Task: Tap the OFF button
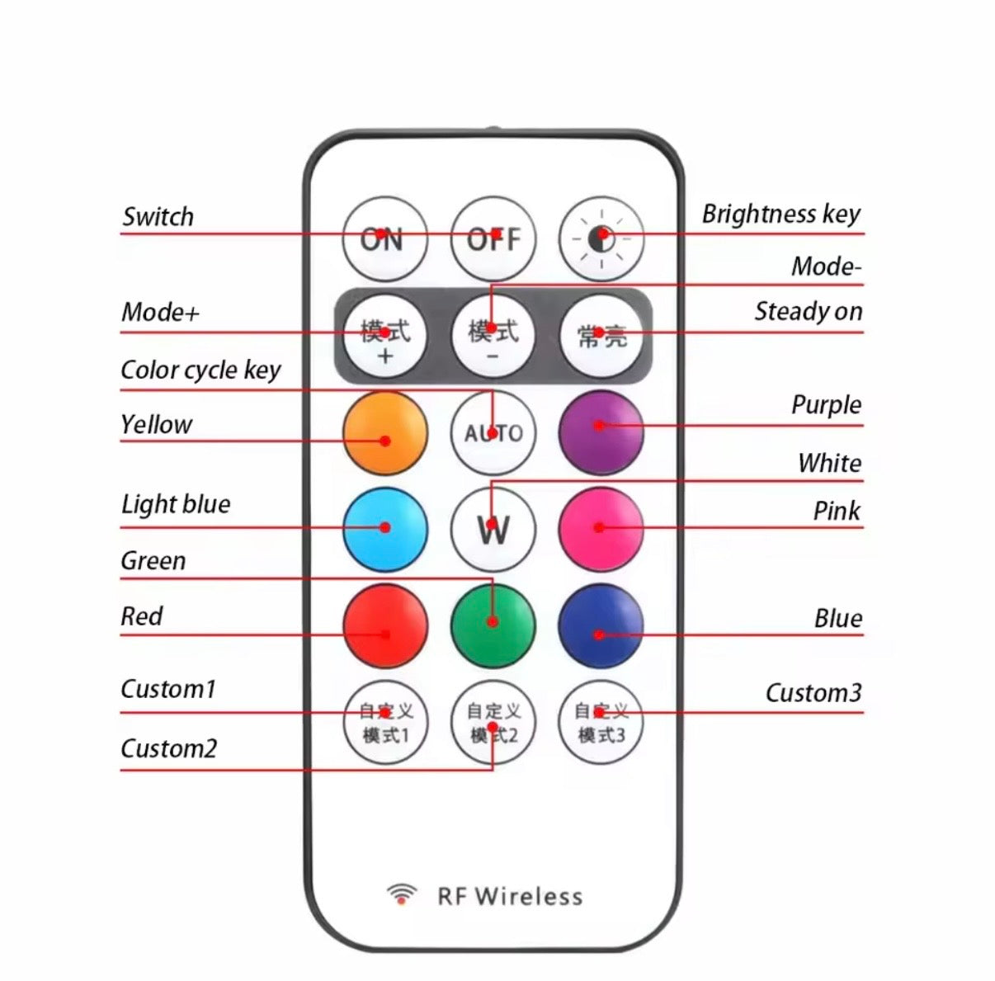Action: click(x=493, y=238)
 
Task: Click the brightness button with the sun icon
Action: click(x=601, y=238)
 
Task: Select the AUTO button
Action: click(x=493, y=433)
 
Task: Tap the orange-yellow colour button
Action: click(x=385, y=433)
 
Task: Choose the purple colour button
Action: click(x=601, y=433)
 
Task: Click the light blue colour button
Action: click(x=385, y=530)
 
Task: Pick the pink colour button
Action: click(x=601, y=530)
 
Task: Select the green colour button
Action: click(x=493, y=625)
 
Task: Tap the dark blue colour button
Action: click(x=601, y=625)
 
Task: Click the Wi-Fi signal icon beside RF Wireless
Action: click(x=402, y=894)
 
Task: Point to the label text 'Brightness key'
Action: click(x=780, y=214)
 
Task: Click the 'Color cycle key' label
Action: click(x=200, y=370)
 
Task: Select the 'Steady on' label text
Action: click(x=809, y=312)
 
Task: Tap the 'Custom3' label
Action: click(x=813, y=693)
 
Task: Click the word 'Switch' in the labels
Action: click(x=158, y=217)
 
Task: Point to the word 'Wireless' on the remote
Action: click(x=529, y=897)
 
